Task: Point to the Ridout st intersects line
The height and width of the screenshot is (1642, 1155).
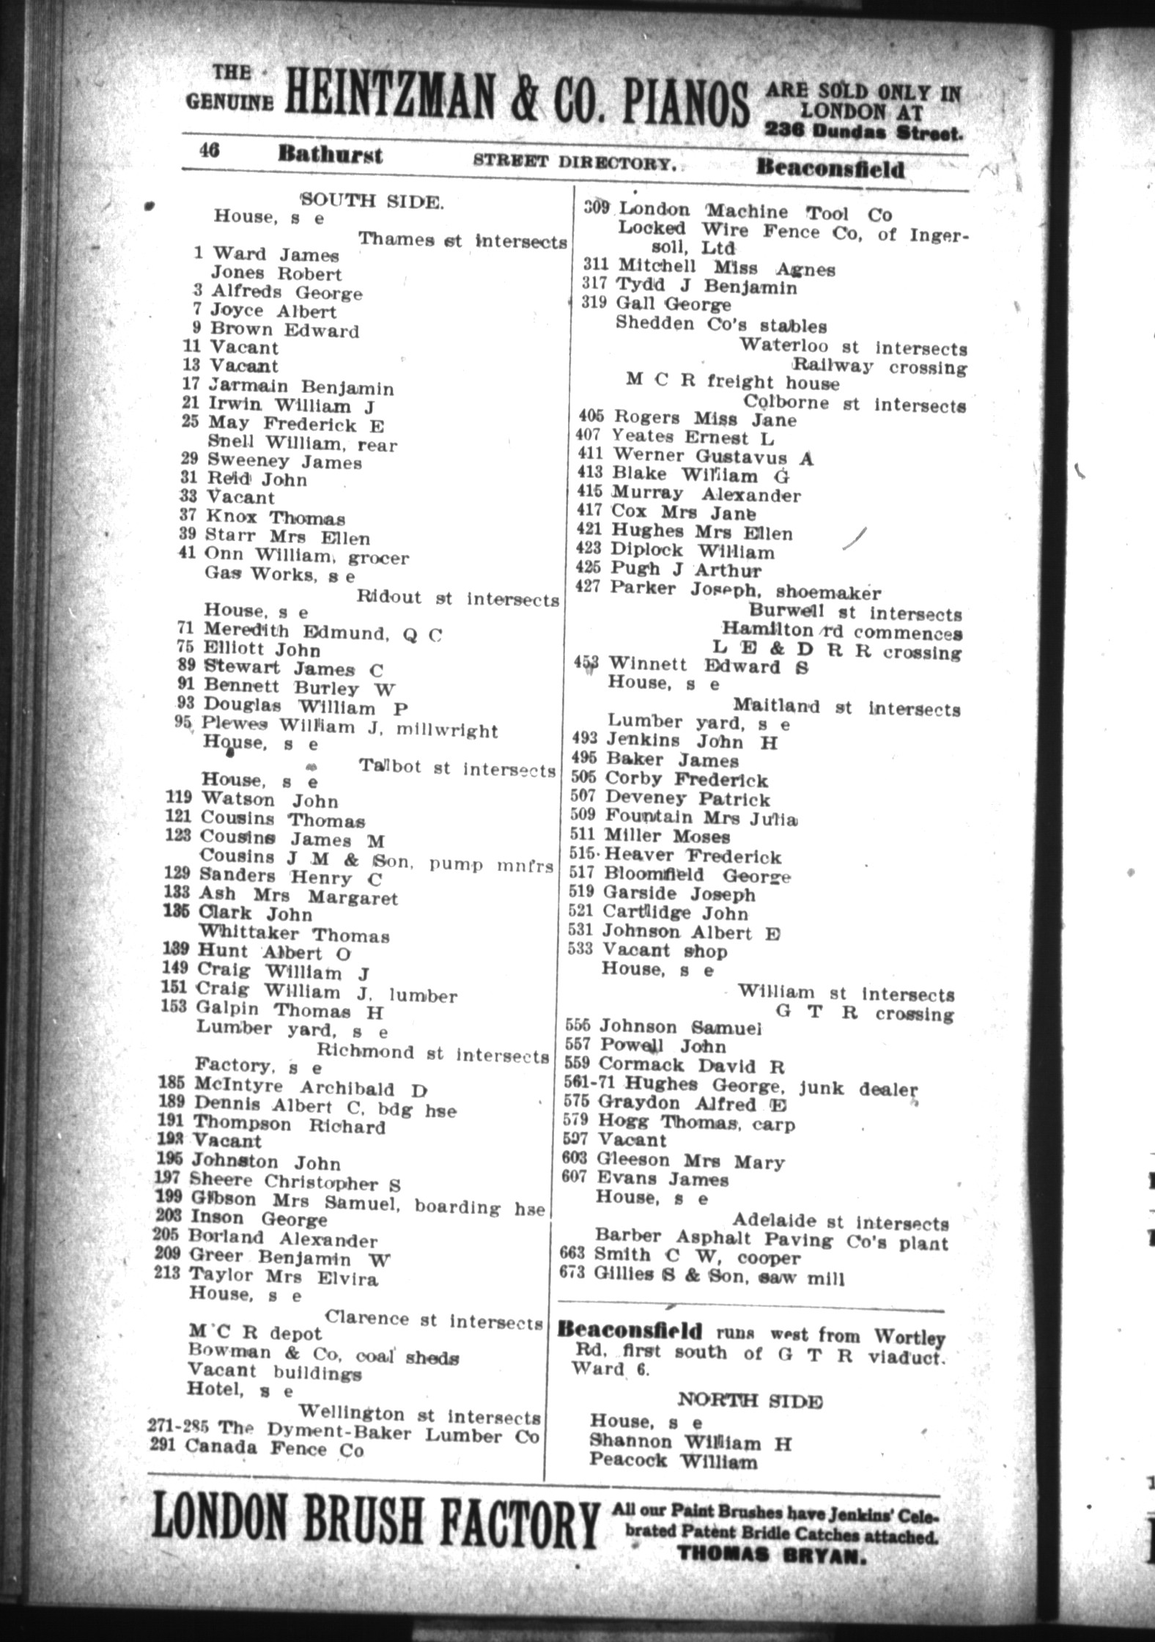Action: pyautogui.click(x=457, y=598)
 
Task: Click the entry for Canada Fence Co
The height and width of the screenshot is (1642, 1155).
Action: pyautogui.click(x=273, y=1449)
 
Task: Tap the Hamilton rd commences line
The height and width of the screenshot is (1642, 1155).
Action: pyautogui.click(x=841, y=630)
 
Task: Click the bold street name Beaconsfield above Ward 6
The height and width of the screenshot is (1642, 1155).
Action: pyautogui.click(x=629, y=1330)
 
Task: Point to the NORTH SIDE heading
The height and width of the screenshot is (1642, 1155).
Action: pyautogui.click(x=749, y=1402)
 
